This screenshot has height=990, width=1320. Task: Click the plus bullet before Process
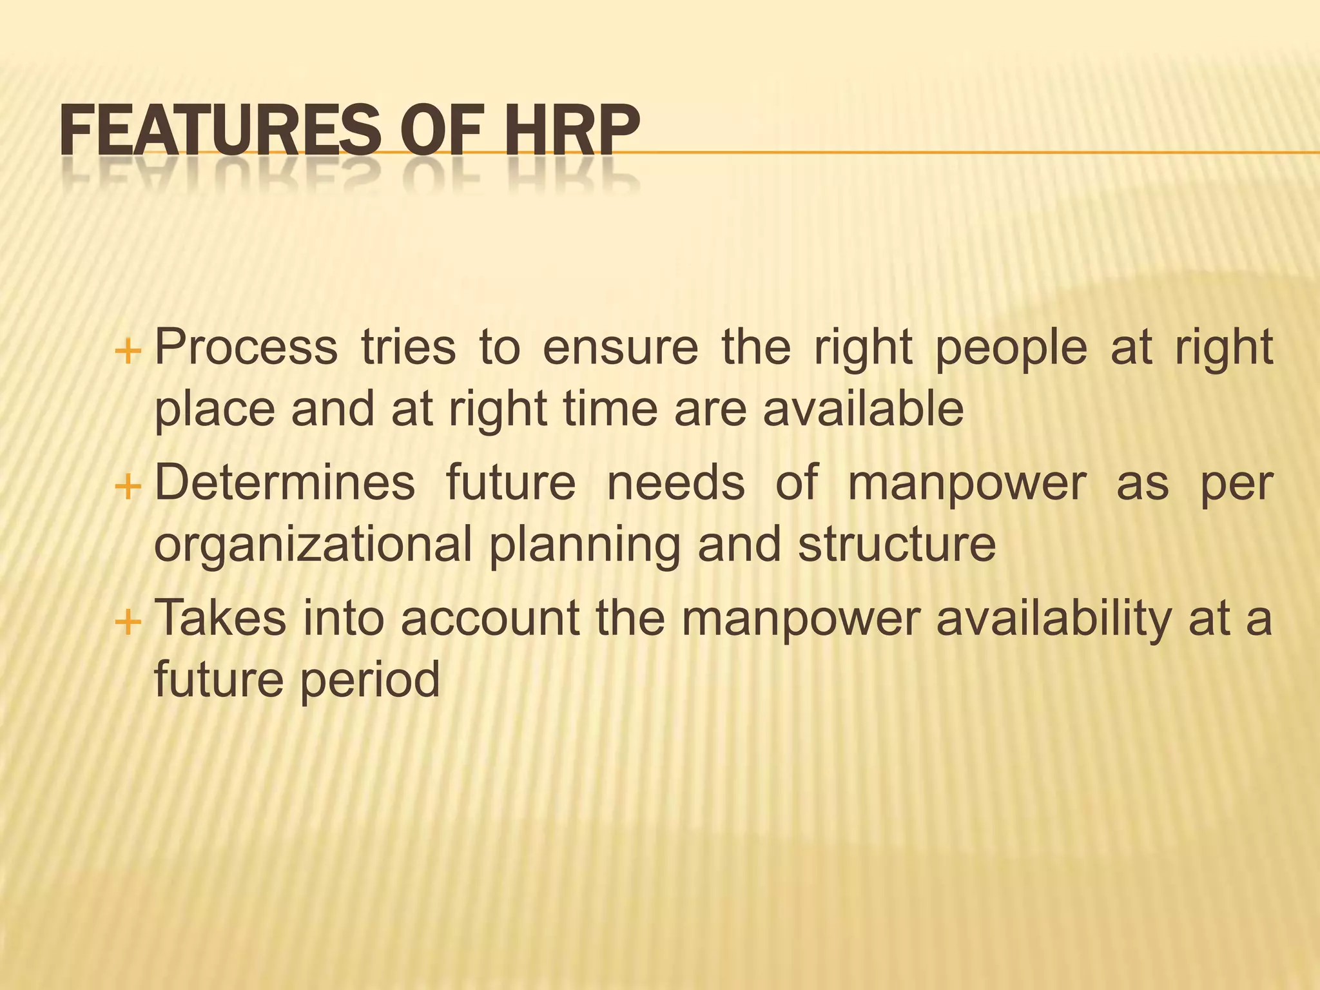click(x=127, y=353)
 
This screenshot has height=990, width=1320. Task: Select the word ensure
click(x=621, y=348)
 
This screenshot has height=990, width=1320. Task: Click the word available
click(x=864, y=409)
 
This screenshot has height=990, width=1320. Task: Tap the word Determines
click(x=285, y=483)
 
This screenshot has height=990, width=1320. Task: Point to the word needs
click(x=676, y=483)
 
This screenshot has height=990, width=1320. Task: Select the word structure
click(x=897, y=545)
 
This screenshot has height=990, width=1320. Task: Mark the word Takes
click(x=220, y=618)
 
